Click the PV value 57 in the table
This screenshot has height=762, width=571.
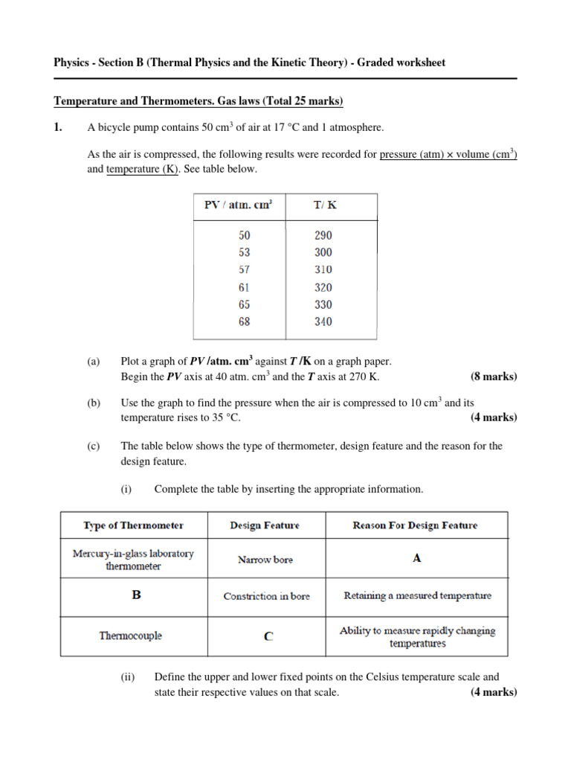click(245, 269)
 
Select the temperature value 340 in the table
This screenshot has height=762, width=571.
click(323, 321)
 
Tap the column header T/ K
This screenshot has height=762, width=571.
click(323, 205)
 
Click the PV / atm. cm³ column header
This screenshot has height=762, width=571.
click(238, 205)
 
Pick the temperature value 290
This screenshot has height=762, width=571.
click(323, 234)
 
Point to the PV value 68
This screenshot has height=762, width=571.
click(245, 321)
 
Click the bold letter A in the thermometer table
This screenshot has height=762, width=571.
click(416, 558)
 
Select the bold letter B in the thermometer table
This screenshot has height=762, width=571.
click(136, 596)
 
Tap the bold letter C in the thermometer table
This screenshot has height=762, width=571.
click(268, 637)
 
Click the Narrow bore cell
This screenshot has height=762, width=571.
click(265, 560)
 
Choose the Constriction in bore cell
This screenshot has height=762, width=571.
click(266, 597)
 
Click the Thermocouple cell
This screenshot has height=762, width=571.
click(131, 636)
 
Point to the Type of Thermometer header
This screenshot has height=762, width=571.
click(133, 525)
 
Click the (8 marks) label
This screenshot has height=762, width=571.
click(494, 377)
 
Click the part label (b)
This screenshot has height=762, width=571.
click(93, 403)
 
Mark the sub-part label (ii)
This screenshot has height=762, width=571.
click(128, 677)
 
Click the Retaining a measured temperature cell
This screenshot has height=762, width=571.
click(417, 596)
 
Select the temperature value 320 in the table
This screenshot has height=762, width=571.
click(323, 287)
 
